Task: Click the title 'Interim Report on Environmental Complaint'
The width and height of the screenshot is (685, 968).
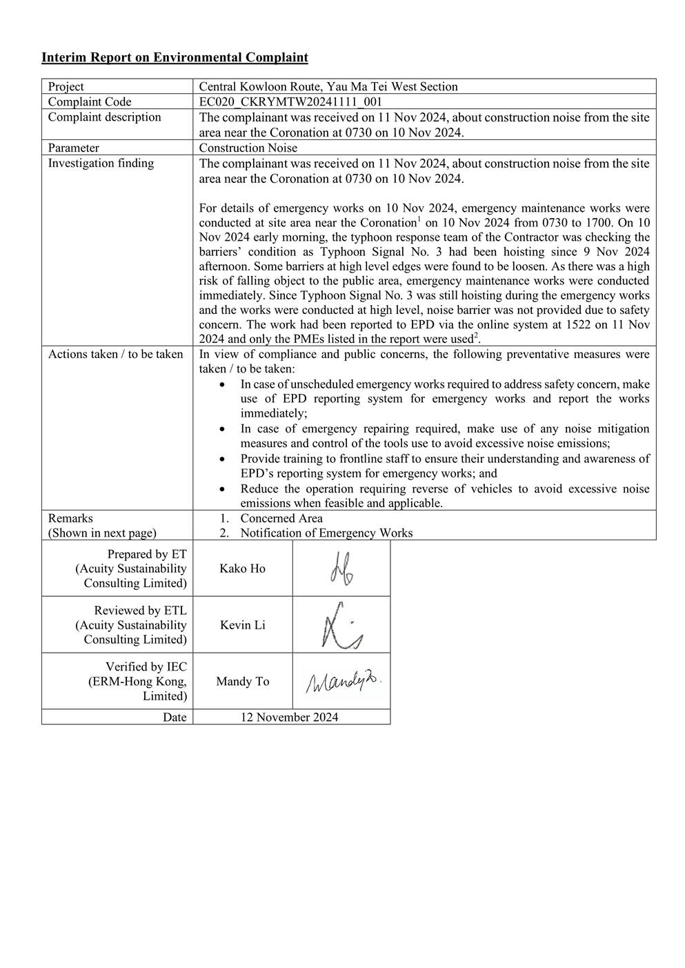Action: pyautogui.click(x=175, y=57)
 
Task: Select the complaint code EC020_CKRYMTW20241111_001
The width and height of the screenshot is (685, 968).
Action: pyautogui.click(x=290, y=102)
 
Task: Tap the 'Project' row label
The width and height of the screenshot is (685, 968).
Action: pyautogui.click(x=66, y=87)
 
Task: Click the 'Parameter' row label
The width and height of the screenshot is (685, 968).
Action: pyautogui.click(x=74, y=148)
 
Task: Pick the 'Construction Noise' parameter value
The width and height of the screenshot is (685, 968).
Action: pyautogui.click(x=248, y=148)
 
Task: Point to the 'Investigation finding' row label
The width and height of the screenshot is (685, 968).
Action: pyautogui.click(x=101, y=164)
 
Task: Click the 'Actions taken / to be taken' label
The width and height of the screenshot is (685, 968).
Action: pyautogui.click(x=116, y=355)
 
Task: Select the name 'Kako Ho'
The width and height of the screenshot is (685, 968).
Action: pyautogui.click(x=242, y=569)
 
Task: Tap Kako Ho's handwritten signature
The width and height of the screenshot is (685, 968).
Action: pyautogui.click(x=341, y=569)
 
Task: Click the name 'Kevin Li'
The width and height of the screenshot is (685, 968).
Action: pyautogui.click(x=242, y=625)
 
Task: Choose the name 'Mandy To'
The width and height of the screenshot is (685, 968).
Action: pyautogui.click(x=242, y=682)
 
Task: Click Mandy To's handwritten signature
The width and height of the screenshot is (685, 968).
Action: pyautogui.click(x=343, y=682)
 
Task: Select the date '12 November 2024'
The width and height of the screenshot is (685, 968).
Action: pyautogui.click(x=289, y=718)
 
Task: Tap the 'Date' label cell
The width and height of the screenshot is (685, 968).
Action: pyautogui.click(x=175, y=718)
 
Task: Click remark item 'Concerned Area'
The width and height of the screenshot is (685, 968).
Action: pyautogui.click(x=281, y=518)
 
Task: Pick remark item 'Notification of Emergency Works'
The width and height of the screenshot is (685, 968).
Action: pyautogui.click(x=326, y=533)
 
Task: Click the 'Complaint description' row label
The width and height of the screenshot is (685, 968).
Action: pyautogui.click(x=104, y=117)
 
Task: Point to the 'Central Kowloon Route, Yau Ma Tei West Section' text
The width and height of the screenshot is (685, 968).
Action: pyautogui.click(x=328, y=87)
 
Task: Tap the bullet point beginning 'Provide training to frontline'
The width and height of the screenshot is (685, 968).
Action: pyautogui.click(x=444, y=466)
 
